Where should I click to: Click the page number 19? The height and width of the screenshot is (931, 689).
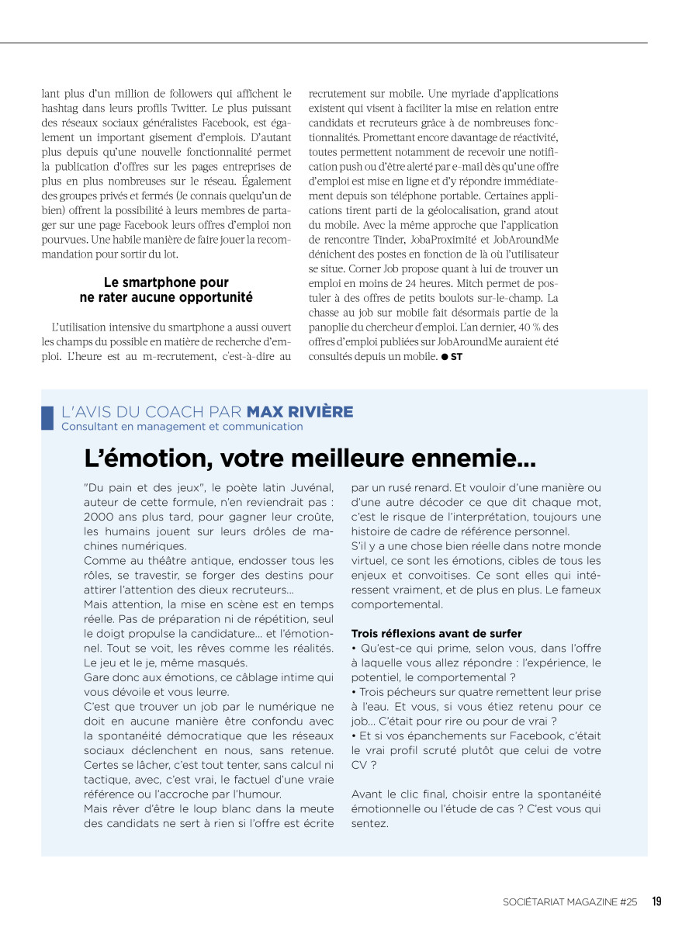tap(656, 902)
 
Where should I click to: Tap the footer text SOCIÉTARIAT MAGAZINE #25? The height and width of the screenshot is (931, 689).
tap(570, 902)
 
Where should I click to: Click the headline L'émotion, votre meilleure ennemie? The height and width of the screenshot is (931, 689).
tap(310, 459)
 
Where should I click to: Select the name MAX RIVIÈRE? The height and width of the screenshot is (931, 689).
tap(299, 411)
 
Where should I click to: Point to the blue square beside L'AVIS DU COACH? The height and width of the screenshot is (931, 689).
tap(47, 417)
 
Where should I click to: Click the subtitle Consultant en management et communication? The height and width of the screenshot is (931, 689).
tap(182, 426)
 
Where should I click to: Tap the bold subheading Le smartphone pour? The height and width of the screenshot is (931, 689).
tap(166, 282)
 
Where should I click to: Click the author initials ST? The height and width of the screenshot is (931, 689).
tap(456, 357)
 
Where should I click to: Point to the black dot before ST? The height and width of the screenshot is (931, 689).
tap(445, 357)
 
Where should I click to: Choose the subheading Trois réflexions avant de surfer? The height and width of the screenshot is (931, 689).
tap(436, 634)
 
